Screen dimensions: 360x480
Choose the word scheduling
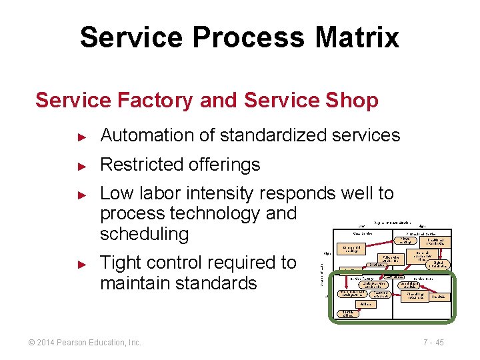coord(144,234)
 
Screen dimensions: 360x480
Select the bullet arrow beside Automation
coord(82,136)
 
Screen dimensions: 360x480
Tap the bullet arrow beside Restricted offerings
coord(82,165)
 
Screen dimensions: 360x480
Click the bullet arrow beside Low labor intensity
coord(82,195)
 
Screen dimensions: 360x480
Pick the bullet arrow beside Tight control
coord(82,264)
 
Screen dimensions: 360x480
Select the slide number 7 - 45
coord(433,343)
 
